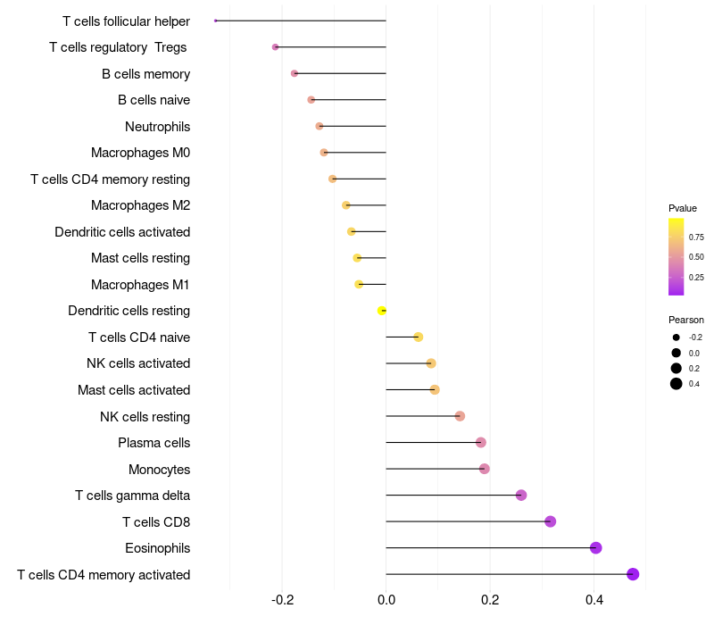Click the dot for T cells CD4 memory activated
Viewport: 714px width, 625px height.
point(633,574)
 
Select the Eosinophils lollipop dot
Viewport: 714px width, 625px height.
point(596,548)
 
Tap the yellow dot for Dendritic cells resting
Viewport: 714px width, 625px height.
point(382,311)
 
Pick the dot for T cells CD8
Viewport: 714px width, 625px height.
point(550,521)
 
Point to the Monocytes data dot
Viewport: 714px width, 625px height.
point(485,469)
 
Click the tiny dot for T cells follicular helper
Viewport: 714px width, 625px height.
point(216,21)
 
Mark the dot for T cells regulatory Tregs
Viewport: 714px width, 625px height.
point(275,46)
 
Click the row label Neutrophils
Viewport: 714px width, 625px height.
point(157,127)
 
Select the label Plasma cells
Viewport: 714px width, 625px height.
point(154,443)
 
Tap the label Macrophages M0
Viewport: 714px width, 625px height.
point(140,153)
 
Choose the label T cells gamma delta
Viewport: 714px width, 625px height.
point(132,496)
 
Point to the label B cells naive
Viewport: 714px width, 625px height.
point(154,100)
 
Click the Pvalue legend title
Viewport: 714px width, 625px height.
point(683,208)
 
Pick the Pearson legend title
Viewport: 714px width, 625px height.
point(686,320)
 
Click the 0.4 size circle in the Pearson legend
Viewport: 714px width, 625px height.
point(677,384)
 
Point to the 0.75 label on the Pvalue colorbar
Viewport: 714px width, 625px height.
point(696,237)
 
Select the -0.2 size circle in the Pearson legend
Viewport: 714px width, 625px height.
point(677,337)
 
